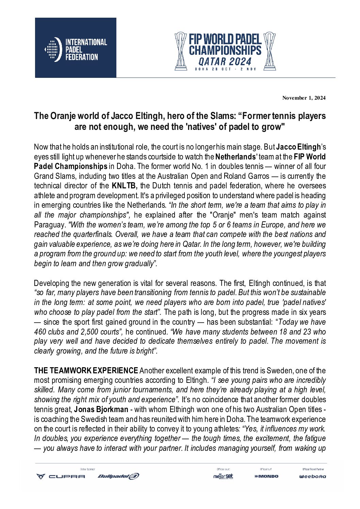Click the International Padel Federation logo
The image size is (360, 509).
point(76,48)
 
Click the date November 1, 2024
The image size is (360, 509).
point(304,98)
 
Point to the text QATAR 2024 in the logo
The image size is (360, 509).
point(225,62)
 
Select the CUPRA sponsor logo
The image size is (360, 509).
point(61,476)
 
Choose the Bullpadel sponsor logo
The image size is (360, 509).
point(118,476)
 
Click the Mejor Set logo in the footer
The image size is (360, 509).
point(223,476)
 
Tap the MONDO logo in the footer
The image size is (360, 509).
point(266,476)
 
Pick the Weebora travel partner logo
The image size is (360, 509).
point(312,476)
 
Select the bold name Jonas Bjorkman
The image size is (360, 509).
point(101,409)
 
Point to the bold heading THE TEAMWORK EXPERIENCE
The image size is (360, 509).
point(86,371)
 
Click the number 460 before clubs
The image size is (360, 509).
point(40,332)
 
